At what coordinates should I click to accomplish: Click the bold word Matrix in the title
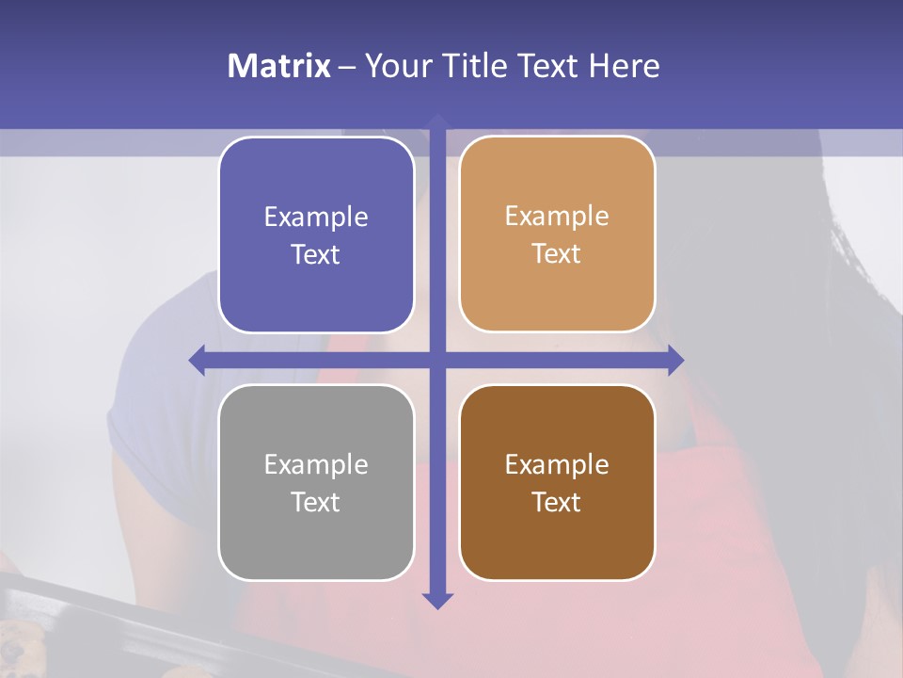tap(278, 66)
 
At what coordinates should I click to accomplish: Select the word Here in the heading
tap(625, 66)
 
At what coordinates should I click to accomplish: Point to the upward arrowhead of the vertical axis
tap(437, 120)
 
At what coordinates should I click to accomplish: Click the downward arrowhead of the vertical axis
tap(437, 601)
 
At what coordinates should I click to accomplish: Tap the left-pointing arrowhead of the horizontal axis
tap(197, 360)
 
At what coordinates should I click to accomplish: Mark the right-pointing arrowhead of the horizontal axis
tap(676, 360)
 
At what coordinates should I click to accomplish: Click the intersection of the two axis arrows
tap(437, 360)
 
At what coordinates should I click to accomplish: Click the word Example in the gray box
tap(316, 464)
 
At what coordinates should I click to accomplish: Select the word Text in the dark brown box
tap(557, 502)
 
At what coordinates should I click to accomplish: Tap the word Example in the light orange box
tap(557, 216)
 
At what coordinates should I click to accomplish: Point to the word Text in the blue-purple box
tap(316, 254)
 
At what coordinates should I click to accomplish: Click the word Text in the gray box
tap(316, 502)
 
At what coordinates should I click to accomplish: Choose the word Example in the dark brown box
tap(557, 464)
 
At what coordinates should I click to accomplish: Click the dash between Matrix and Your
tap(347, 67)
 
